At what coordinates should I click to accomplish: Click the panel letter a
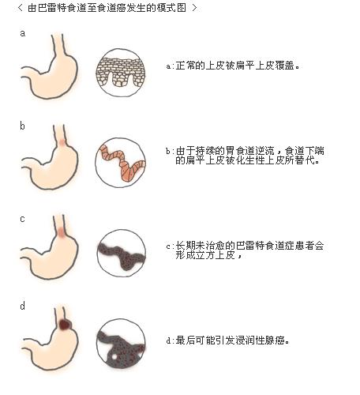point(22,34)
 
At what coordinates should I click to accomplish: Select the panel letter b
point(22,126)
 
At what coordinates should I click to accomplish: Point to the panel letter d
point(22,306)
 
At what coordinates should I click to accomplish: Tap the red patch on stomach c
point(62,234)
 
